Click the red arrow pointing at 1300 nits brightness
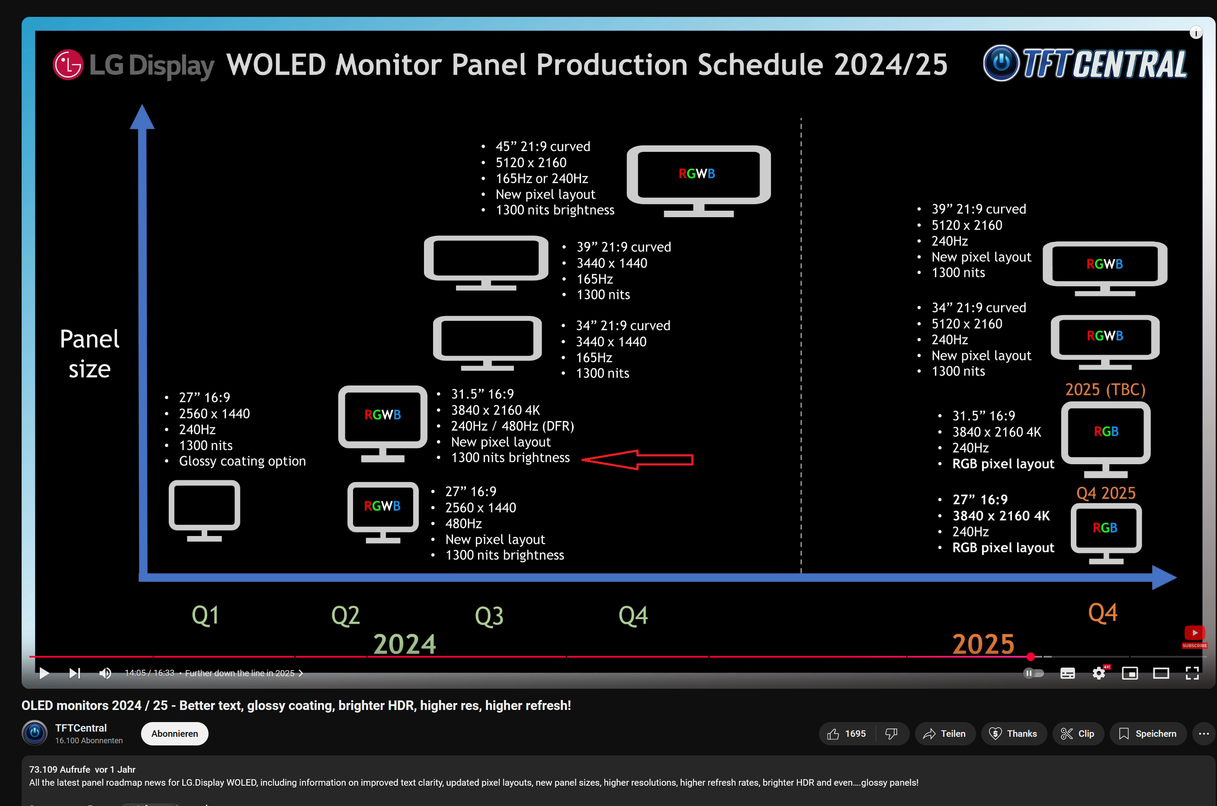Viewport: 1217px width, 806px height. tap(637, 459)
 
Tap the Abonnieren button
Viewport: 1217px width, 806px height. tap(174, 733)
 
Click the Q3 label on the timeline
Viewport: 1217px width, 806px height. tap(489, 616)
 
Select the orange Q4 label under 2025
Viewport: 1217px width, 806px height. tap(1102, 613)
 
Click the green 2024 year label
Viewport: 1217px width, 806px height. tap(405, 644)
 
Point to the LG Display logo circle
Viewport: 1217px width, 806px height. tap(68, 65)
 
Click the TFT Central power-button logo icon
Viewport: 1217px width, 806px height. tap(1000, 63)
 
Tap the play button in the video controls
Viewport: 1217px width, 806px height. tap(44, 673)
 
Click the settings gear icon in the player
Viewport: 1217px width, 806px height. tap(1098, 673)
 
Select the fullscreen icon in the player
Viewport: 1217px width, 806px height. tap(1192, 673)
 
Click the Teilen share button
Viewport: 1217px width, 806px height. tap(944, 733)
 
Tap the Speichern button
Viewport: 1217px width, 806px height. tap(1148, 733)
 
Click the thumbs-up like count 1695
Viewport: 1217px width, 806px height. tap(847, 733)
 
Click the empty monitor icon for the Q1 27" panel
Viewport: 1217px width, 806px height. tap(205, 509)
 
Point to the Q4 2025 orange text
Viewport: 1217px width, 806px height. tap(1105, 493)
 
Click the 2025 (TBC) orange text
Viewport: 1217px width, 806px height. tap(1105, 390)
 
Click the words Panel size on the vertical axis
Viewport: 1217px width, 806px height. tap(90, 353)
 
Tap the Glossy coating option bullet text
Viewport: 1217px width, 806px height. tap(242, 461)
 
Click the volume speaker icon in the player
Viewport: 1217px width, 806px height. tap(105, 673)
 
